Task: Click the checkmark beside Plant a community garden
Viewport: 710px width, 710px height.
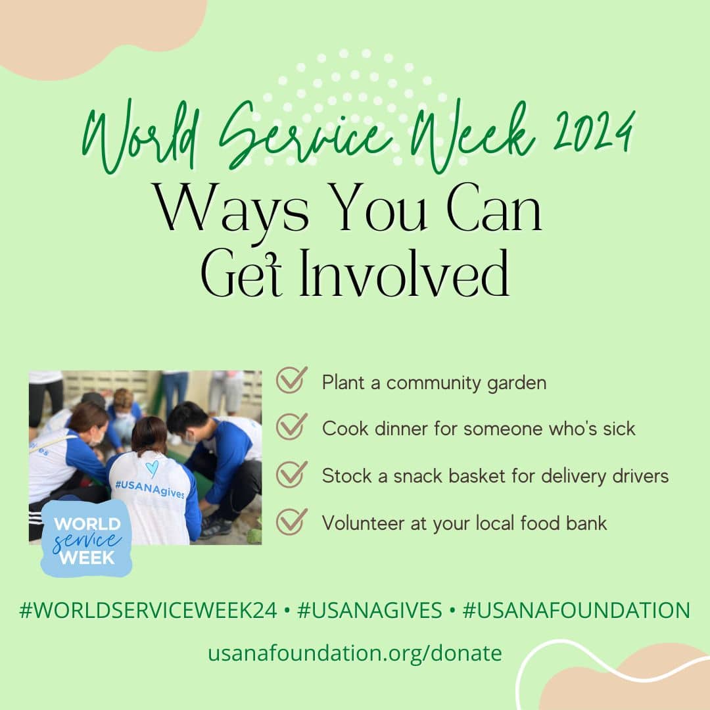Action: (x=292, y=380)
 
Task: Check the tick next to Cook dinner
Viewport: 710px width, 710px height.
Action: (x=292, y=427)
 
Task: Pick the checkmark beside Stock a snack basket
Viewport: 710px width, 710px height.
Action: (x=292, y=474)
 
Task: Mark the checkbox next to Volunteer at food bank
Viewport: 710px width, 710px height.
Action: (x=292, y=521)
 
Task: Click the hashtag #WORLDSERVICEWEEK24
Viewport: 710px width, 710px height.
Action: (x=148, y=610)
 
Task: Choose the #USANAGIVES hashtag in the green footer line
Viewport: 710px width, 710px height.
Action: (x=369, y=610)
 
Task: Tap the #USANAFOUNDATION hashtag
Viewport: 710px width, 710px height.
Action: (x=576, y=610)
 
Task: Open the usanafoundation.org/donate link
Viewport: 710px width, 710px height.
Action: (x=355, y=653)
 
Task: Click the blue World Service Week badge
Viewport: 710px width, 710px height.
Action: (x=86, y=539)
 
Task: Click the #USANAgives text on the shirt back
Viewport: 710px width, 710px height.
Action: (x=150, y=489)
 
